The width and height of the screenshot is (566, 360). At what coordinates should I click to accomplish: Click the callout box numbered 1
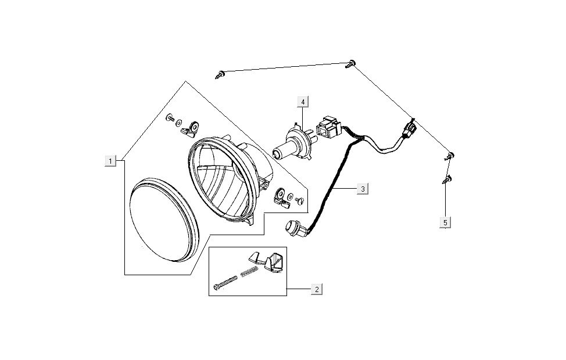(x=110, y=160)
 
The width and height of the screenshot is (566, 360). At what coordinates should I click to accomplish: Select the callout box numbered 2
(x=316, y=289)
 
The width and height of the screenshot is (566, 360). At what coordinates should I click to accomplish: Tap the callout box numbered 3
(x=362, y=189)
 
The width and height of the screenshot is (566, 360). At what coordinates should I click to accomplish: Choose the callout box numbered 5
(x=445, y=222)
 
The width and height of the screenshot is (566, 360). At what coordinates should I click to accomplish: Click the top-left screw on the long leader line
(x=220, y=73)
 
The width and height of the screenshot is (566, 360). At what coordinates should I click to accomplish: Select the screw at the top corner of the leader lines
(x=351, y=64)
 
